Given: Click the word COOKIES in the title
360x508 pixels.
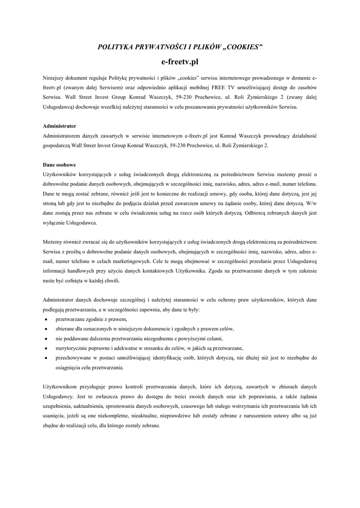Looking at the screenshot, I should click(x=242, y=47).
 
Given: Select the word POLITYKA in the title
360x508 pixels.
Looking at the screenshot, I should click(x=118, y=47).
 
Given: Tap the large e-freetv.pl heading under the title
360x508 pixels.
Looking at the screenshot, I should click(x=180, y=62).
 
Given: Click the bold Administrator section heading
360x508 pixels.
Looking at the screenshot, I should click(x=60, y=126).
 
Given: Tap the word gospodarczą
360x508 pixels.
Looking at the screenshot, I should click(x=56, y=145).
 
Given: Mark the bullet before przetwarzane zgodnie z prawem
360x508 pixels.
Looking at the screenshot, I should click(x=46, y=319).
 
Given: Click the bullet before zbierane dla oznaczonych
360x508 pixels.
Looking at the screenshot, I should click(x=46, y=329).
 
